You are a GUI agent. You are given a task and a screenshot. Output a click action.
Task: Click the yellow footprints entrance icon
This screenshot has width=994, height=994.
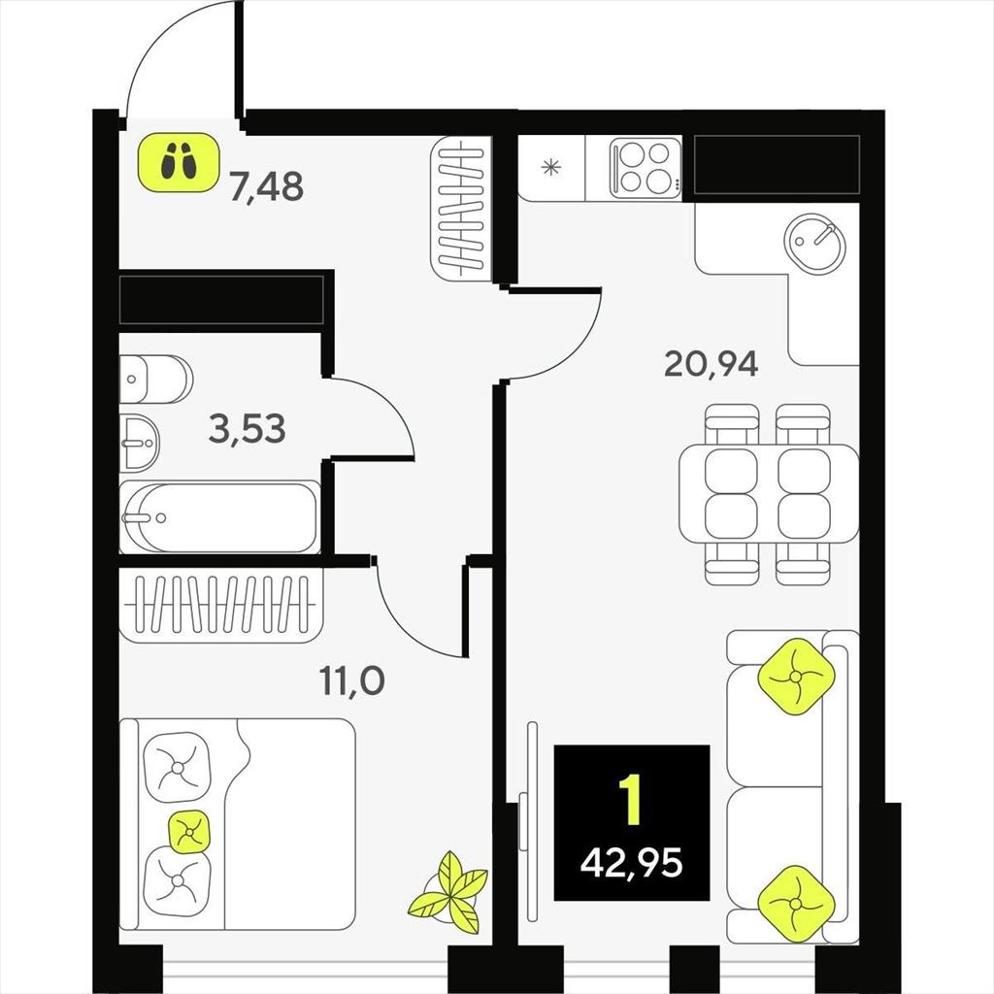click(179, 162)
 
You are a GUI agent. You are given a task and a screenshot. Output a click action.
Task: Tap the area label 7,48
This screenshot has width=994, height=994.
click(267, 186)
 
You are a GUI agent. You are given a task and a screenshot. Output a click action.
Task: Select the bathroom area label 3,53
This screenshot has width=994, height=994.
click(248, 428)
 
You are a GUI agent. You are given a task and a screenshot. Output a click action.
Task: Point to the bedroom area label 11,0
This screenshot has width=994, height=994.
click(351, 681)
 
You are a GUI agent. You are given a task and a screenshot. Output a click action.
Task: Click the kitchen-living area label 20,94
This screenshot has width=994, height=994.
click(711, 364)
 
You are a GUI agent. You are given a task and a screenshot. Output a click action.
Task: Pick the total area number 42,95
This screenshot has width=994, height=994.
click(631, 863)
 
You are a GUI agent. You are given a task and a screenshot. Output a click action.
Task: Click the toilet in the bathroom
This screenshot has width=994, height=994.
click(156, 380)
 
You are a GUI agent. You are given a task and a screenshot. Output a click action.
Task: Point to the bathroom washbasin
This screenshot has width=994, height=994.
click(140, 443)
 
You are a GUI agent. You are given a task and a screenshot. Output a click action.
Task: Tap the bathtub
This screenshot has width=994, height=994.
click(219, 517)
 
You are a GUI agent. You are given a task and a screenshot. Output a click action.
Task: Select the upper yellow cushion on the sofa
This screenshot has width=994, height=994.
click(796, 677)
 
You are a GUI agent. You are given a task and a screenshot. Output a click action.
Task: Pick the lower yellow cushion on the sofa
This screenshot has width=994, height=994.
click(796, 903)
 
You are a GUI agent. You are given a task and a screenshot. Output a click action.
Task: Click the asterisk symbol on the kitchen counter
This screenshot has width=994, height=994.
click(551, 168)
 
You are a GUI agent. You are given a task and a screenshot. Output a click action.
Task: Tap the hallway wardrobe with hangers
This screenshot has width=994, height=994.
click(462, 208)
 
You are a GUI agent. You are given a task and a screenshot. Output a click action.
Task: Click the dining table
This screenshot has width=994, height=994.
click(769, 494)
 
